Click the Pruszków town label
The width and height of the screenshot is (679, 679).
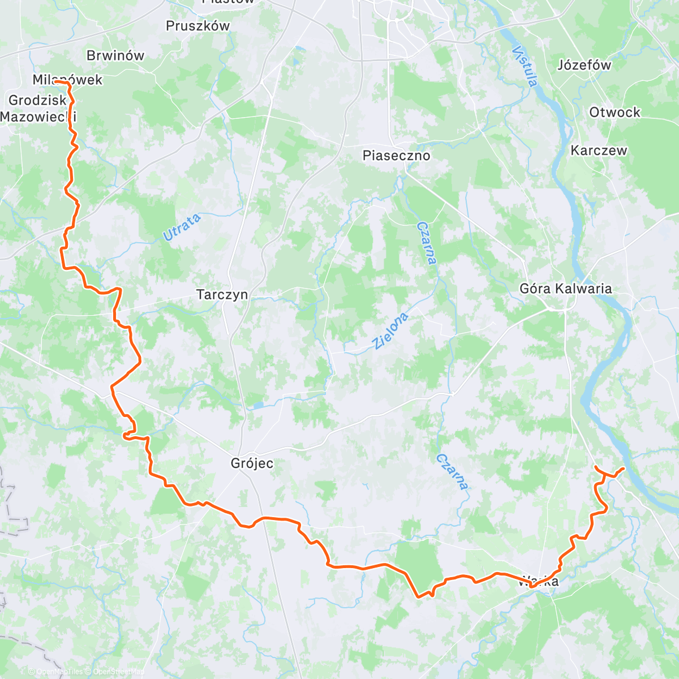pyautogui.click(x=197, y=26)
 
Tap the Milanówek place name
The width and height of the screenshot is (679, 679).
pyautogui.click(x=67, y=80)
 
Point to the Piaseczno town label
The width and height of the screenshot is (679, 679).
pyautogui.click(x=396, y=156)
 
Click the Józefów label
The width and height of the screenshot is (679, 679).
pyautogui.click(x=584, y=65)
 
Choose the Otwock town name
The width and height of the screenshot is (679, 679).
pyautogui.click(x=614, y=112)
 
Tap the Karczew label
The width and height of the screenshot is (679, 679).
pyautogui.click(x=599, y=151)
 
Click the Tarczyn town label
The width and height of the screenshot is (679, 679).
pyautogui.click(x=222, y=295)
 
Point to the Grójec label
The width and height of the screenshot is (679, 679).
pyautogui.click(x=252, y=463)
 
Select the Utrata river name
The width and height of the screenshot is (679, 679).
pyautogui.click(x=182, y=227)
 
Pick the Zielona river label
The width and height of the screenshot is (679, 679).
pyautogui.click(x=390, y=330)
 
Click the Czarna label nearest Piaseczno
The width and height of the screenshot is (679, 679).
pyautogui.click(x=427, y=243)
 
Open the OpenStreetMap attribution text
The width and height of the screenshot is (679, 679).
pyautogui.click(x=118, y=672)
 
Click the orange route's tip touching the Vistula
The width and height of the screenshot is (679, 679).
pyautogui.click(x=623, y=469)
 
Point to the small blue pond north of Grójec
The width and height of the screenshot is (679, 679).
pyautogui.click(x=257, y=405)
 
